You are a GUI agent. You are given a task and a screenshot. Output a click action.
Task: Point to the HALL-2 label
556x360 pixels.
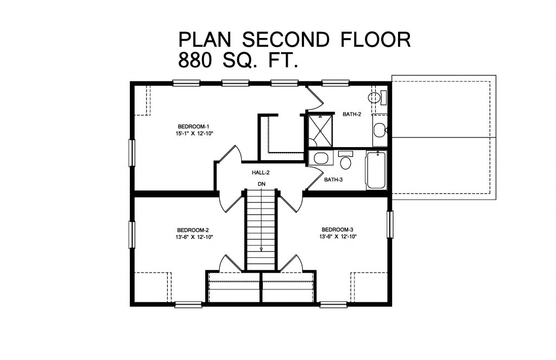[261, 173]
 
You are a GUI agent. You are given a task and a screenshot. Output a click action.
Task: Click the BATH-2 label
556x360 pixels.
[352, 115]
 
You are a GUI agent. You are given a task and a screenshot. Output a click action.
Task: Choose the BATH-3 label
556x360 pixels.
[333, 180]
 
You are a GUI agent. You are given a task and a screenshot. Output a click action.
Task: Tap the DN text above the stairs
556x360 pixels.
[261, 185]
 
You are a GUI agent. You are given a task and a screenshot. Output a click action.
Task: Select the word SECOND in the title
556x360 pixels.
[285, 39]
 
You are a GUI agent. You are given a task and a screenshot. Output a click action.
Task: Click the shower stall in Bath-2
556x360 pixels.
[319, 129]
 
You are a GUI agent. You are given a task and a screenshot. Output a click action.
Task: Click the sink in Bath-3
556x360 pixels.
[320, 159]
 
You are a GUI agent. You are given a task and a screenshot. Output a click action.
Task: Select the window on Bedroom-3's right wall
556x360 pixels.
[389, 224]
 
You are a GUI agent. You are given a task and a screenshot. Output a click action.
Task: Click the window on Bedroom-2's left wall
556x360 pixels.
[131, 235]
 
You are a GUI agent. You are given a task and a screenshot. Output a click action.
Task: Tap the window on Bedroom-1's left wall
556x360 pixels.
[131, 153]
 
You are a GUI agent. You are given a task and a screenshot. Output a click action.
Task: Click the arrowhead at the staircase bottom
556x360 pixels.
[261, 249]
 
